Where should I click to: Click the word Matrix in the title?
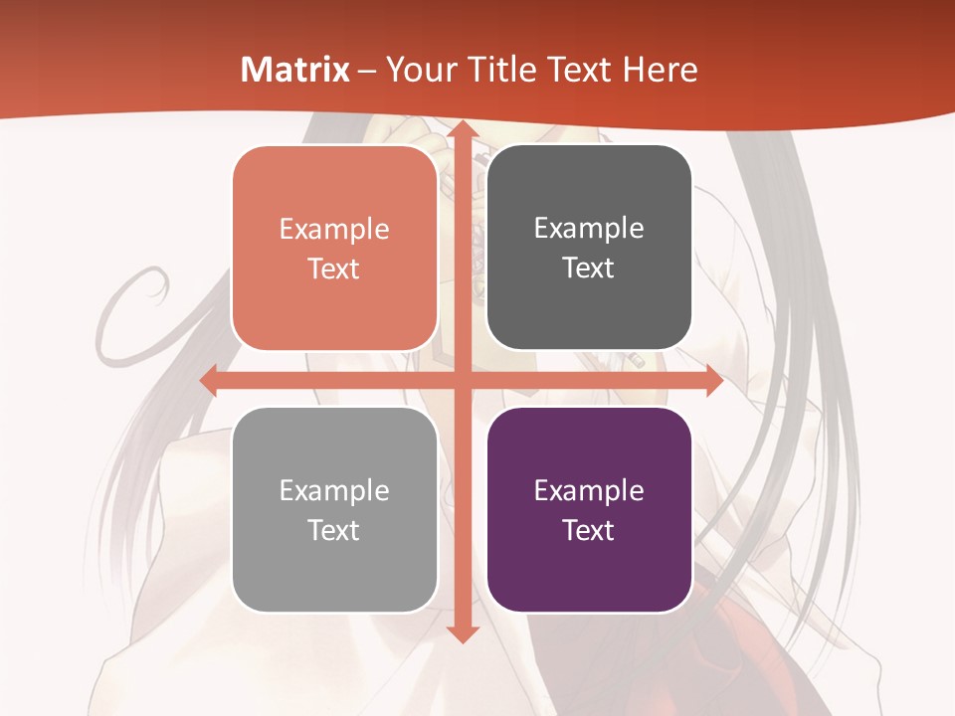[295, 70]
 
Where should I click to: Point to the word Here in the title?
[660, 70]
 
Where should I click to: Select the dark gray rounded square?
[589, 179]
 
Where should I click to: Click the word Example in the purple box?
[589, 490]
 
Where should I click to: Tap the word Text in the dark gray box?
[589, 268]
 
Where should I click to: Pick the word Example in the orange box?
[334, 229]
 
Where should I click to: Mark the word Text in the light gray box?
[334, 530]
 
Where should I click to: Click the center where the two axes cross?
[462, 381]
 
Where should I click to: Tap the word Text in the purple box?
[589, 530]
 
